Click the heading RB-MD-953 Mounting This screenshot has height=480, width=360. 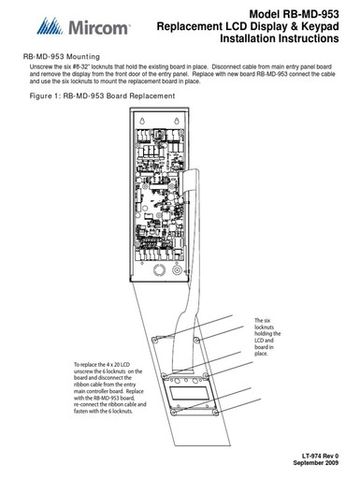pyautogui.click(x=61, y=57)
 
